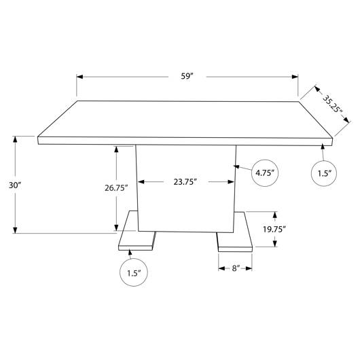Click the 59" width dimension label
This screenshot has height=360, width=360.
coord(187,76)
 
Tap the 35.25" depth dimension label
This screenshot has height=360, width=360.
coord(333,104)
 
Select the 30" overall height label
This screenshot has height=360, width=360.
coord(15,185)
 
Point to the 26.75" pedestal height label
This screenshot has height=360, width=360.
coord(116,188)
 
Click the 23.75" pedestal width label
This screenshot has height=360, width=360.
coord(185,182)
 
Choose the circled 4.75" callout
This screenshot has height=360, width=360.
coord(265,173)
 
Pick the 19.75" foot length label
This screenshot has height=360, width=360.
coord(274,229)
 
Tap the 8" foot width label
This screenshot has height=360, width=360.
coord(236,268)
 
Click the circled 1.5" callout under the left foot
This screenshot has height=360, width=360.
coord(134,272)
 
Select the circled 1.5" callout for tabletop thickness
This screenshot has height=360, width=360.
coord(324,173)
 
